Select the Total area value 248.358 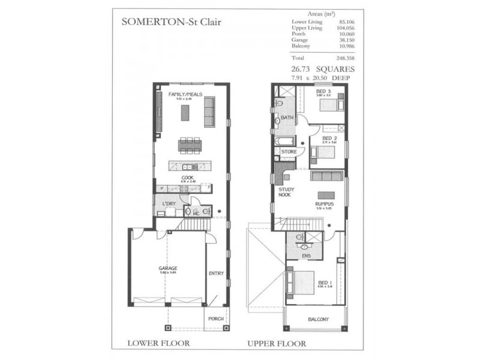click(331, 58)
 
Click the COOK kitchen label click(187, 177)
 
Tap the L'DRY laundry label click(168, 204)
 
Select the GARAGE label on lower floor click(167, 269)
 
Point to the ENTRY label click(216, 274)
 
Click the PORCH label click(215, 319)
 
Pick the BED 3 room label click(324, 91)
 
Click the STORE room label click(289, 152)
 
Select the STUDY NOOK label click(286, 192)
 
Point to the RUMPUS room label click(324, 204)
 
